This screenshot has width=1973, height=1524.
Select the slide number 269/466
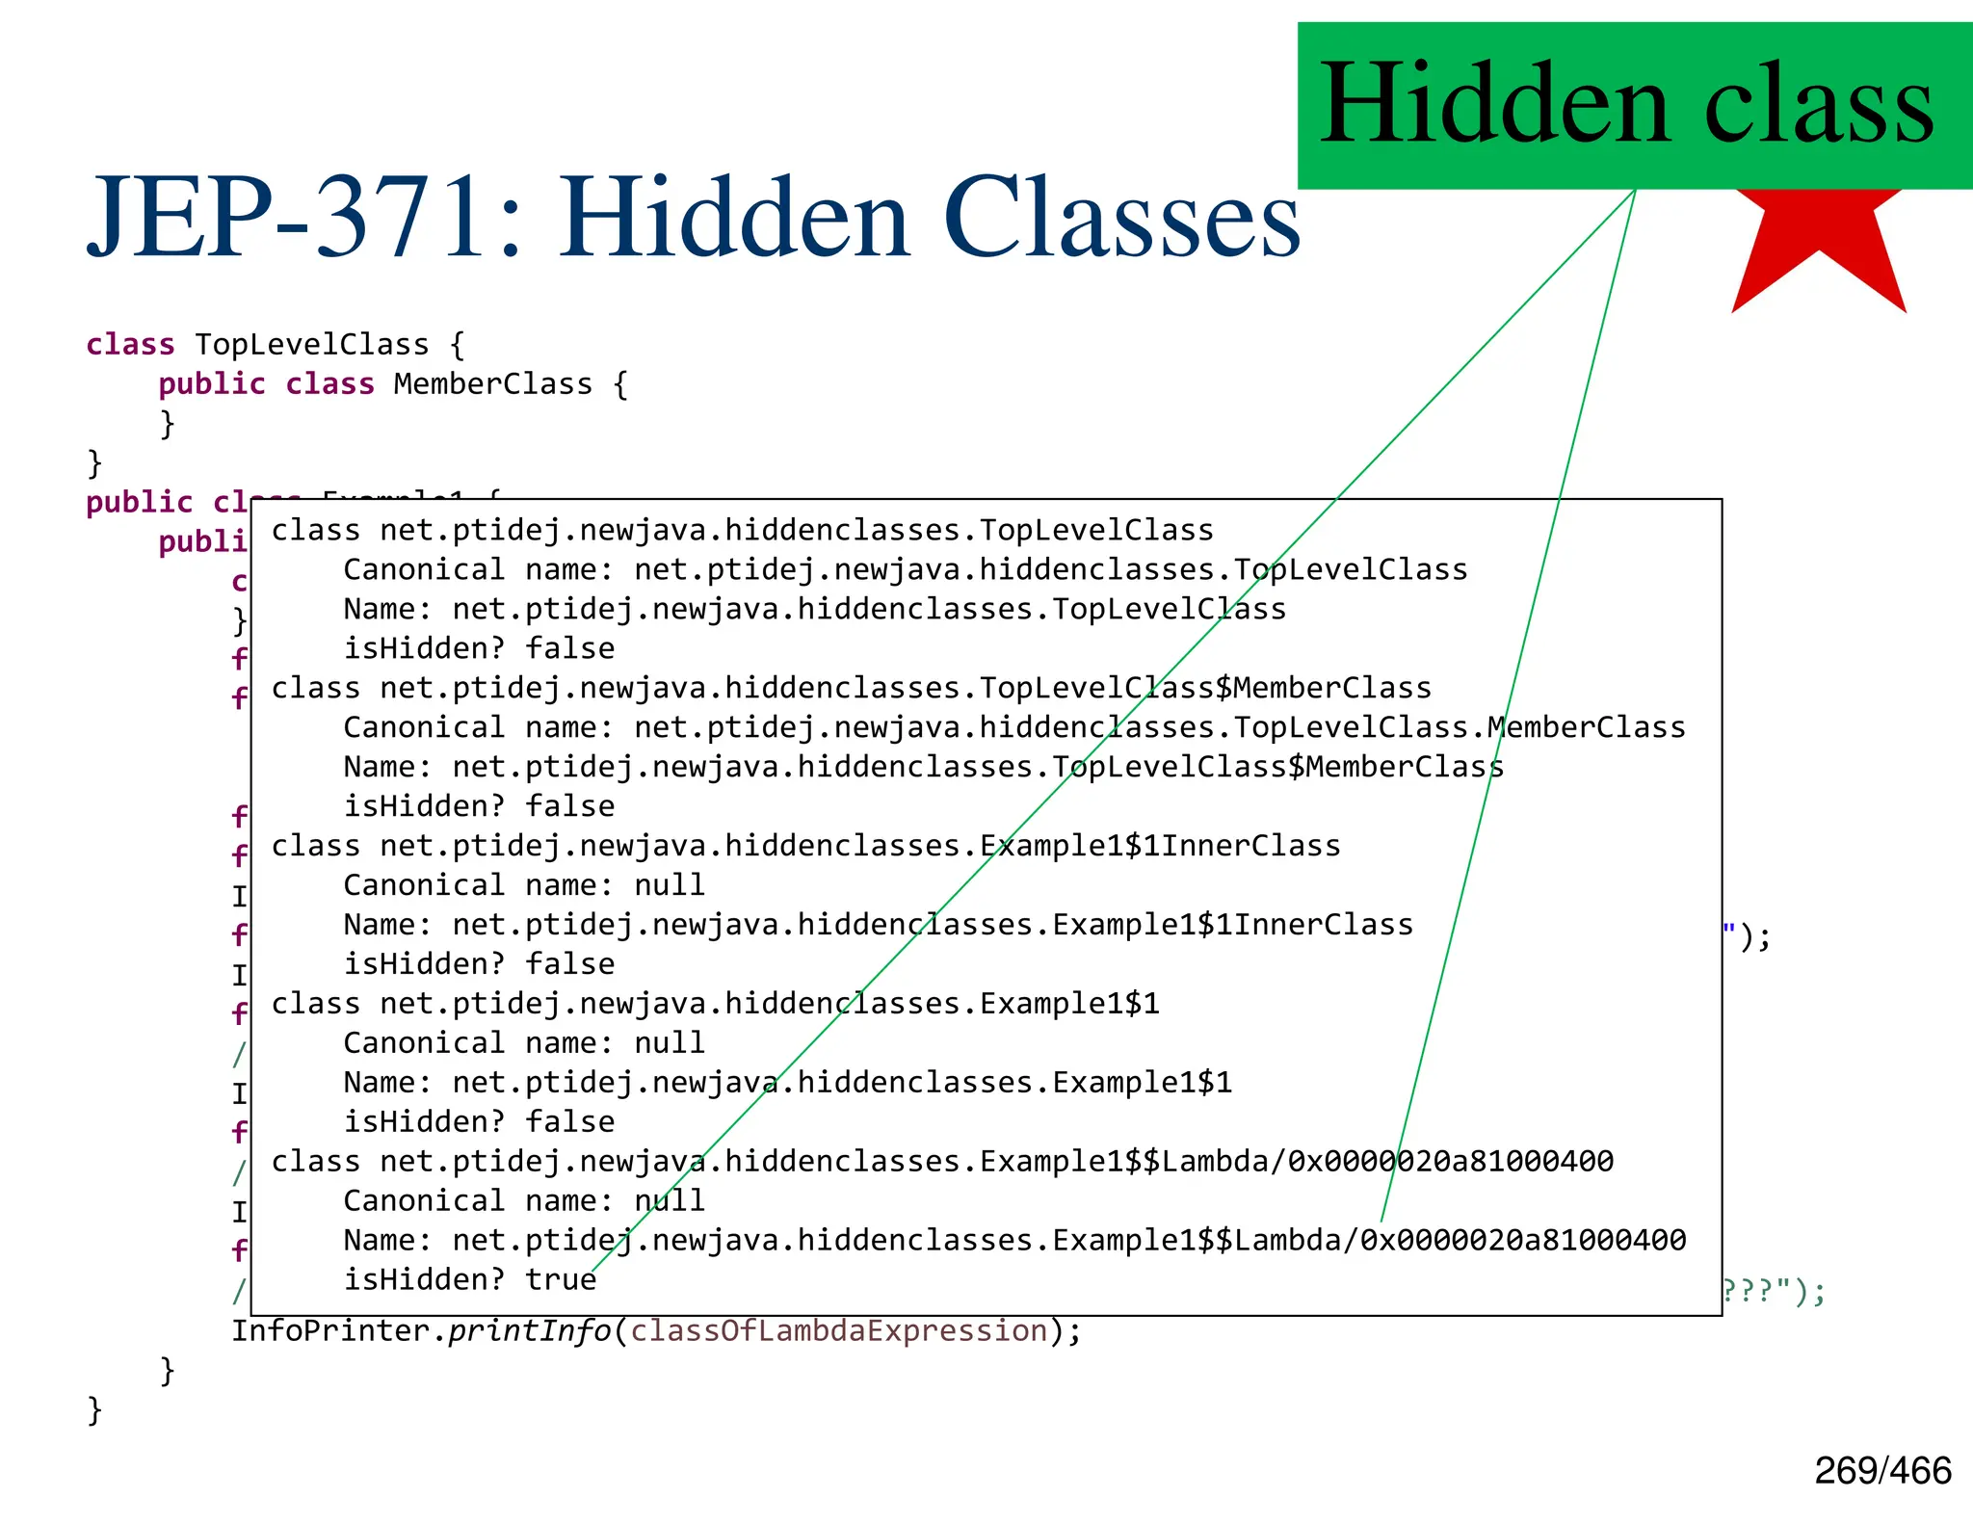point(1882,1471)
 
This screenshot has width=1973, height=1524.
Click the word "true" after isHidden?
point(561,1279)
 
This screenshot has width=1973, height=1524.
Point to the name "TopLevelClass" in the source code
point(311,344)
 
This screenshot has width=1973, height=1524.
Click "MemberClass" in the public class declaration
point(492,383)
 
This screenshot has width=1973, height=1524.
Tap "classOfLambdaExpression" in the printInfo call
point(838,1330)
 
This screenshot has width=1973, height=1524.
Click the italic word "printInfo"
point(529,1330)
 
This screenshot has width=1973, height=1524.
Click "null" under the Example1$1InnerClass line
point(669,884)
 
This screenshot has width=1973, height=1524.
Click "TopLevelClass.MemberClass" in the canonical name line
point(1459,727)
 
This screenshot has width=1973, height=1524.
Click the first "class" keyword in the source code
point(130,344)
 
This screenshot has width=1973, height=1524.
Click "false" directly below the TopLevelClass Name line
point(569,648)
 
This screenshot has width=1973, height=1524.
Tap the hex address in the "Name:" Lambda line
point(1522,1240)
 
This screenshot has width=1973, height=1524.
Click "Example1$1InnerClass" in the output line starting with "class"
point(1159,846)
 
